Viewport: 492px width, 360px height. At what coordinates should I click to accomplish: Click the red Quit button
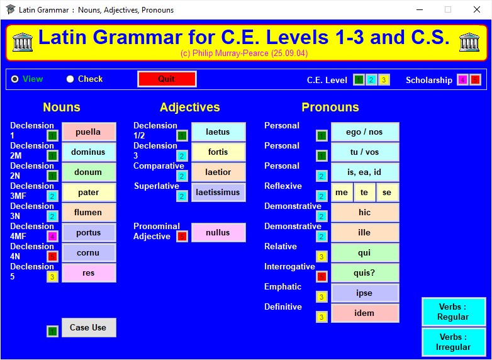pos(167,79)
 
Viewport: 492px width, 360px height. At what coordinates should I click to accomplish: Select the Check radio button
pos(70,79)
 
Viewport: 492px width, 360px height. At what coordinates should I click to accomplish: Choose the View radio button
pos(14,79)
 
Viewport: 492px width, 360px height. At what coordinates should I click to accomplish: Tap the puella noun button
pos(89,132)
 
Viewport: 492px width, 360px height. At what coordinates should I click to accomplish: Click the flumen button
pos(89,213)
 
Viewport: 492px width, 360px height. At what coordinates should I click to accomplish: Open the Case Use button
pos(89,328)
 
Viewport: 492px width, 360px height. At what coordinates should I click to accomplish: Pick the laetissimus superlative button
pos(218,193)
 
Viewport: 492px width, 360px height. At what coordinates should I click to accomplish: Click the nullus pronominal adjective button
pos(218,233)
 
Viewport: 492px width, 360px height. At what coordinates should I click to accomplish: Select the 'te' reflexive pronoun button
pos(364,193)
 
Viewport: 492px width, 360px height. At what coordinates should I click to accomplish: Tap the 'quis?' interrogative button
pos(366,273)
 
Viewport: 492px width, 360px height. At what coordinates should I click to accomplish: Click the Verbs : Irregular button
pos(454,342)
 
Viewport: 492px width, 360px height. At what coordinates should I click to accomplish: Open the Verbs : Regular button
pos(454,312)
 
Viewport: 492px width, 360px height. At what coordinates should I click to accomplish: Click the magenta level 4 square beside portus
pos(52,237)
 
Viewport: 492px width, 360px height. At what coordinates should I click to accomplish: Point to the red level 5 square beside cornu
pos(52,257)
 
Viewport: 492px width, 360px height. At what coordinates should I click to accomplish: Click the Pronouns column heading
pos(330,108)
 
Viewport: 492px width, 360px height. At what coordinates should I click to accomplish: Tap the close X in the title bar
pos(477,9)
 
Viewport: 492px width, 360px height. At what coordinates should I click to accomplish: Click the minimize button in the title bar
pos(420,9)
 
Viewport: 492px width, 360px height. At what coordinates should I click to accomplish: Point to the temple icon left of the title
pos(23,42)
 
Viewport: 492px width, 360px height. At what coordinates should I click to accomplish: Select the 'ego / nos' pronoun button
pos(366,132)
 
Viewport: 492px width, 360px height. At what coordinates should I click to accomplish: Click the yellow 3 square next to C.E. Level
pos(384,80)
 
